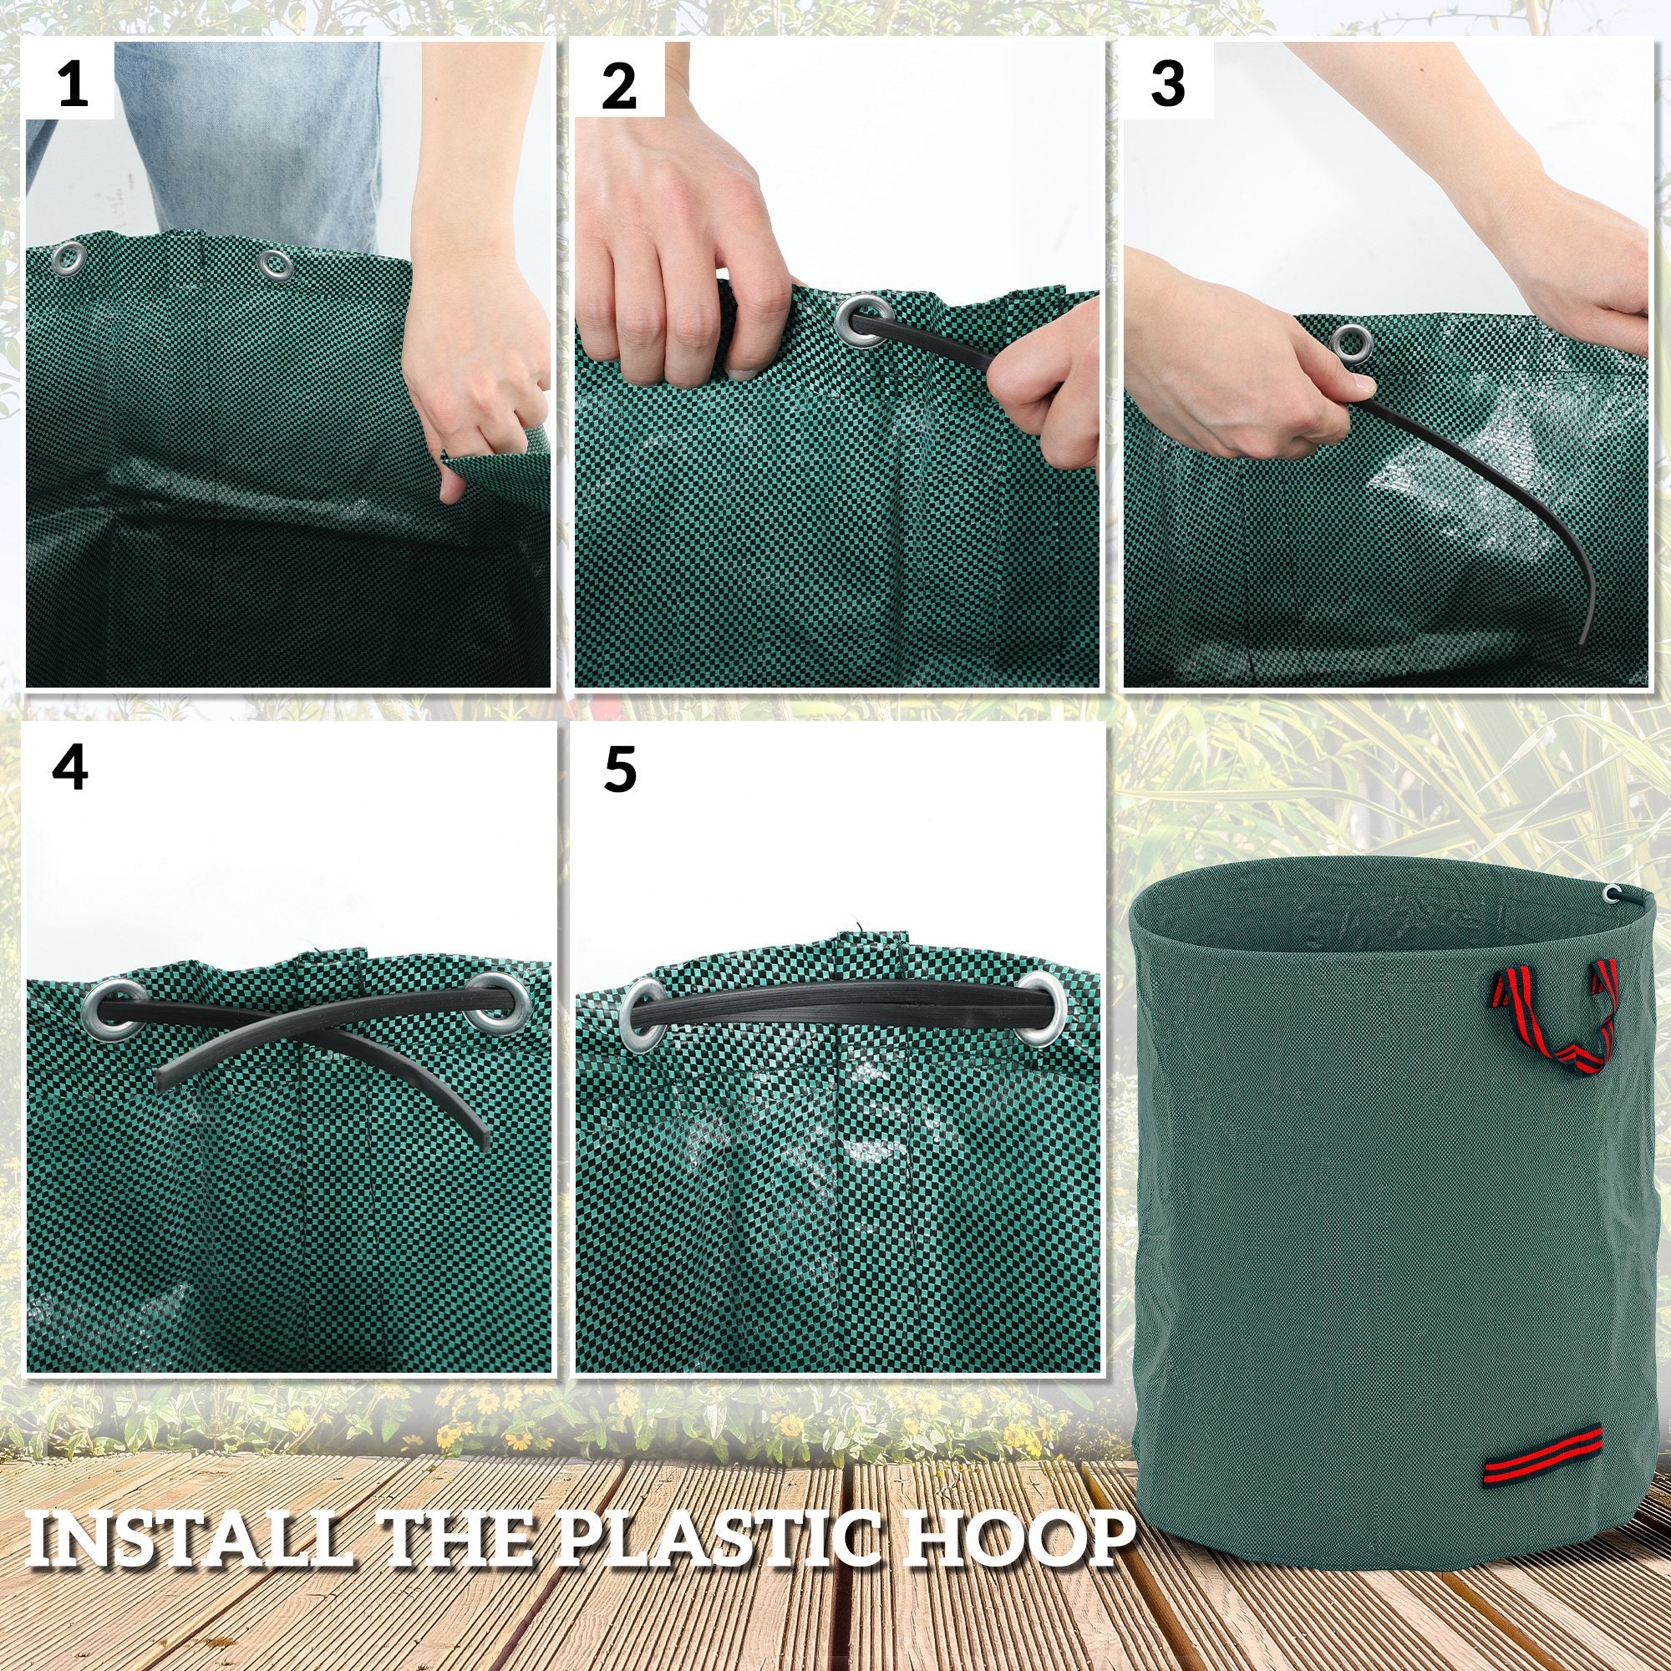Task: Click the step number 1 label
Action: coord(72,85)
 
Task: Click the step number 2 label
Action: coord(618,85)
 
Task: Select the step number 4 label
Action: coord(70,767)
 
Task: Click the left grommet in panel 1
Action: coord(69,256)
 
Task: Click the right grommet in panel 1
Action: coord(275,263)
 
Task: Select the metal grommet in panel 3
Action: coord(1348,340)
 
